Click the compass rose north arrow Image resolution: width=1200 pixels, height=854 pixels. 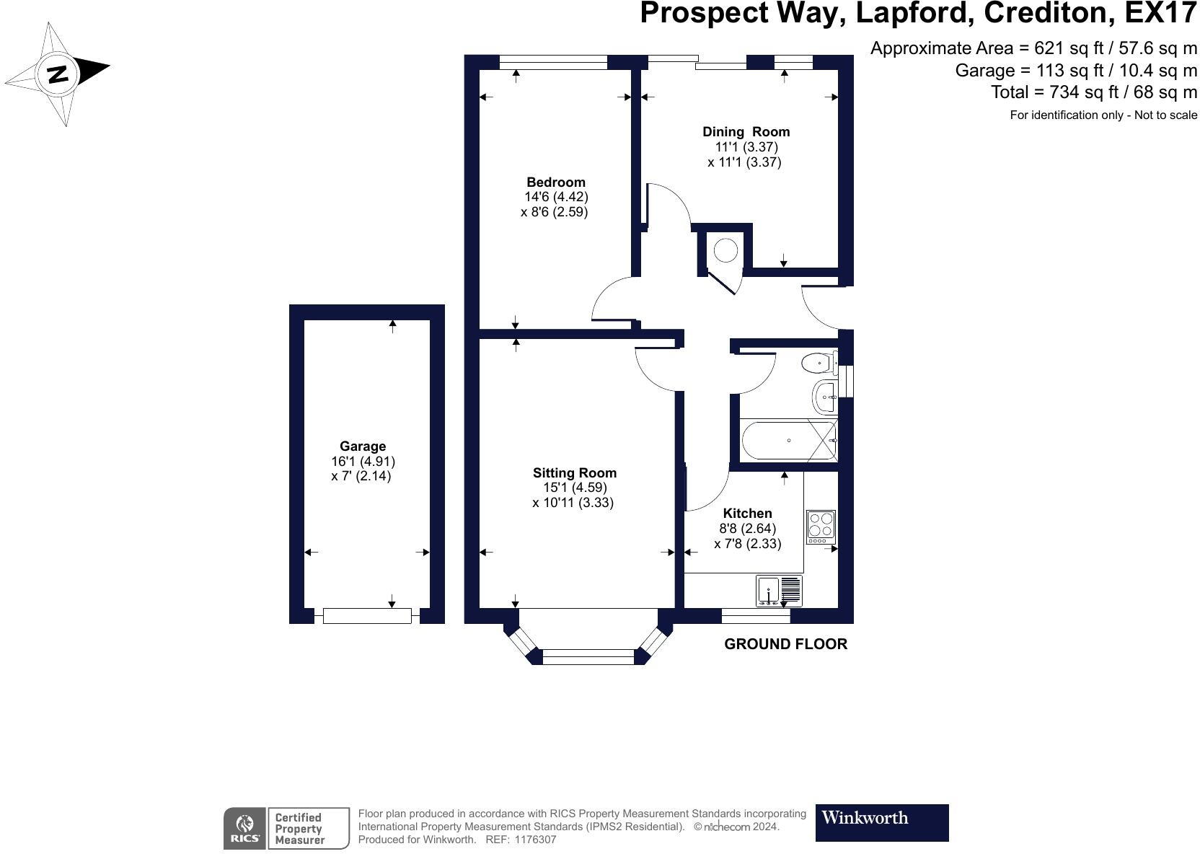tap(58, 73)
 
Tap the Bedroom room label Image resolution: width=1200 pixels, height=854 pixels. tap(555, 182)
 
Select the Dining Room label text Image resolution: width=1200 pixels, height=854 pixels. tap(746, 132)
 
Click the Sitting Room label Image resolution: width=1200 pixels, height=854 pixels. tap(574, 473)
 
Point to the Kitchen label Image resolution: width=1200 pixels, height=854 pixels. tap(747, 514)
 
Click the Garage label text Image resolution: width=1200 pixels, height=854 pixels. tap(363, 446)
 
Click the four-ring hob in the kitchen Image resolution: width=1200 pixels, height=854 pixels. tap(821, 527)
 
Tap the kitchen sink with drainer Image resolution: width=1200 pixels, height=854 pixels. tap(779, 591)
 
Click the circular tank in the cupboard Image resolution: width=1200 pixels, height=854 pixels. tap(725, 250)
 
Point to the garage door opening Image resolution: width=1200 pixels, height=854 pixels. tap(367, 615)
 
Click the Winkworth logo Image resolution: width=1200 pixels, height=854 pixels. tap(881, 822)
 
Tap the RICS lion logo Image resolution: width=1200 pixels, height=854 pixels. tap(245, 828)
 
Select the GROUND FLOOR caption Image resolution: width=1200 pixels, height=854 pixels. tap(785, 644)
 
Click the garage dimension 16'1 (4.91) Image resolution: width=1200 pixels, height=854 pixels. tap(363, 461)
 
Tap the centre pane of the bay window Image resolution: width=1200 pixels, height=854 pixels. tap(588, 656)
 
